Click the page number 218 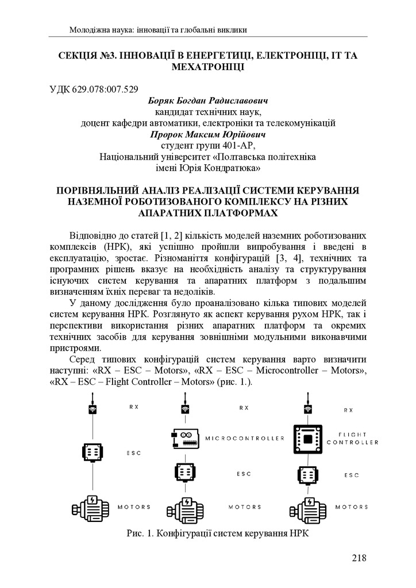358,558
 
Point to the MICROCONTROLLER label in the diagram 244,438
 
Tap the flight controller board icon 307,439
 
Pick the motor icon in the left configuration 91,506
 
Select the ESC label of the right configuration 352,475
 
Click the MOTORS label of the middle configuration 244,507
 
